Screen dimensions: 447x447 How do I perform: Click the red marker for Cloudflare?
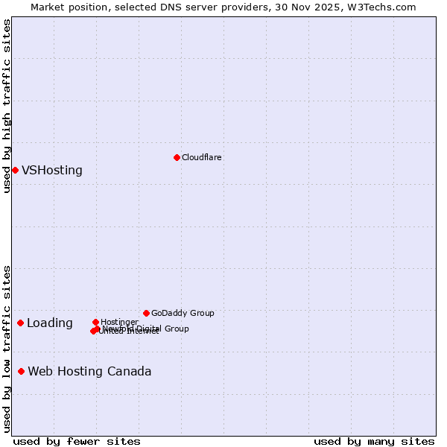(x=177, y=157)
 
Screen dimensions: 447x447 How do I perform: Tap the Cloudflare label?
(x=202, y=157)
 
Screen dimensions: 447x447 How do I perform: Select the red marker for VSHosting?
(x=15, y=170)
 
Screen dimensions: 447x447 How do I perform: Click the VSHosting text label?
(x=52, y=170)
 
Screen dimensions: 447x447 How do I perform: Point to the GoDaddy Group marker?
(x=146, y=313)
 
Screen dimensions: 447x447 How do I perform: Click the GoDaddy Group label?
(x=183, y=313)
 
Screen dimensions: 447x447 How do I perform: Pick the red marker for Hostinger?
(x=95, y=322)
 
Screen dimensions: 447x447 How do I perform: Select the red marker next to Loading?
(x=20, y=323)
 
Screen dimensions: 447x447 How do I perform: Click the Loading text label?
(x=50, y=323)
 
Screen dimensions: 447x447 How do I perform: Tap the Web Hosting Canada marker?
(x=22, y=371)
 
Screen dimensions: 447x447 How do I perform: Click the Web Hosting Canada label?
(x=89, y=371)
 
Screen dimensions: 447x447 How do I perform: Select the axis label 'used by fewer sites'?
(x=77, y=441)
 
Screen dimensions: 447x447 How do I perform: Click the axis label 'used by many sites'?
(x=374, y=441)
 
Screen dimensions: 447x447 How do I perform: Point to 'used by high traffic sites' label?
(x=7, y=106)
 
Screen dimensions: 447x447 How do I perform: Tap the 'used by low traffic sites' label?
(x=7, y=349)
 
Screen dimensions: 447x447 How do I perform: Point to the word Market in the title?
(x=48, y=7)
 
